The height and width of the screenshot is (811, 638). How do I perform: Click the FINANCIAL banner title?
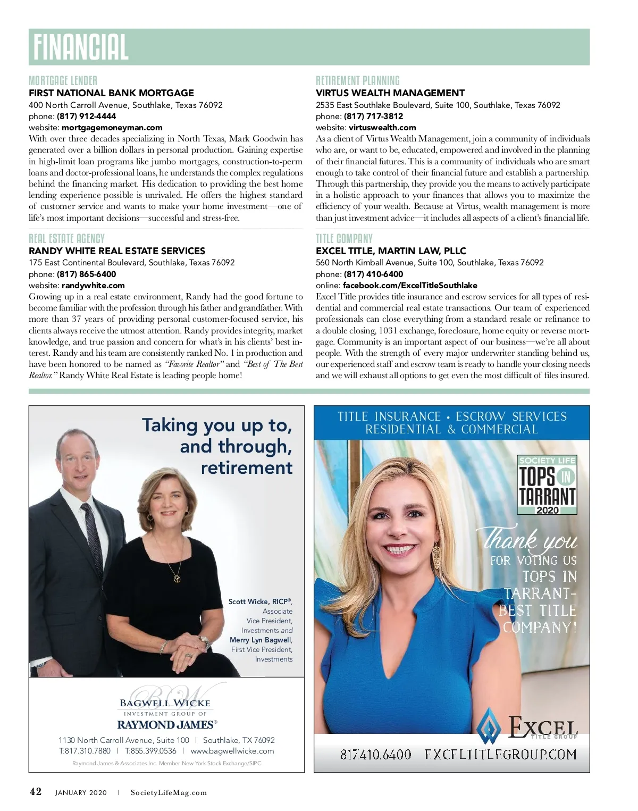tap(81, 47)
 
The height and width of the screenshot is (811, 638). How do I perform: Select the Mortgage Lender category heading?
tap(63, 81)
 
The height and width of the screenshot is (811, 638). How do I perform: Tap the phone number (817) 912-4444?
tap(86, 116)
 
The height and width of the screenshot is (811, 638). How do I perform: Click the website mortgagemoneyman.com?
tap(112, 128)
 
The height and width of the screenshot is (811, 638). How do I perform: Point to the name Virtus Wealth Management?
tap(390, 93)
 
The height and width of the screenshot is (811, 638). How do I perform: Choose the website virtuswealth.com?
tap(382, 128)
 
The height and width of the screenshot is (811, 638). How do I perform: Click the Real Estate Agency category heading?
tap(66, 239)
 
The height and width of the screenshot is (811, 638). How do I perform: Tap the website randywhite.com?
tap(93, 286)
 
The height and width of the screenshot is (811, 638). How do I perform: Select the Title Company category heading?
tap(344, 239)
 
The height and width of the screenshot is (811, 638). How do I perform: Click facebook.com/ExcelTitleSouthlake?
tap(410, 286)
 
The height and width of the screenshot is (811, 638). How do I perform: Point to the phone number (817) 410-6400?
tap(373, 274)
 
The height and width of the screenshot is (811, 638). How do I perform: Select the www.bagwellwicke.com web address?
tap(232, 751)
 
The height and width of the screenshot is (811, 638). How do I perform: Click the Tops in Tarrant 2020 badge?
tap(548, 485)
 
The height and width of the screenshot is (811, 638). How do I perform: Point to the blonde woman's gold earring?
tap(436, 556)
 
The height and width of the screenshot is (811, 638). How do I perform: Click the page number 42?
tap(36, 792)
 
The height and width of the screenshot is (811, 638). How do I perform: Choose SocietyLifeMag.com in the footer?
tap(169, 793)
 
